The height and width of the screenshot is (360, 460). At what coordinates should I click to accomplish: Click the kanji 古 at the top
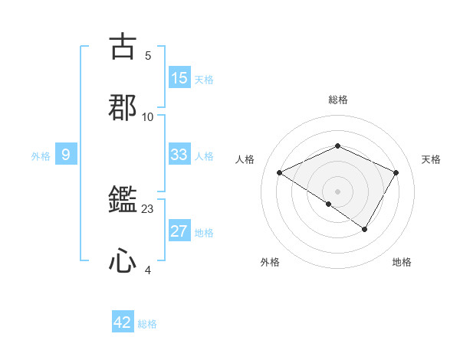pyautogui.click(x=123, y=46)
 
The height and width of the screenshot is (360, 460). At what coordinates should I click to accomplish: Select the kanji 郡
pyautogui.click(x=123, y=107)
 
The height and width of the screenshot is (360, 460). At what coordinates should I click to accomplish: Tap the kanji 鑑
pyautogui.click(x=123, y=201)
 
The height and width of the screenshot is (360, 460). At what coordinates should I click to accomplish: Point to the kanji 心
pyautogui.click(x=123, y=262)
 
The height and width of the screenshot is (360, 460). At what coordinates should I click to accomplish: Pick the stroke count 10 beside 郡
pyautogui.click(x=148, y=117)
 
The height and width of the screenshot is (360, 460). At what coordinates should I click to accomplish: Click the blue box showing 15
pyautogui.click(x=179, y=78)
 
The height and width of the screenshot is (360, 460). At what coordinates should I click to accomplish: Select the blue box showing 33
pyautogui.click(x=179, y=155)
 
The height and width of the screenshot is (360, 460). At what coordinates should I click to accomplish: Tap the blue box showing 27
pyautogui.click(x=179, y=232)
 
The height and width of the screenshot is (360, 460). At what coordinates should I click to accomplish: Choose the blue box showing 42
pyautogui.click(x=123, y=322)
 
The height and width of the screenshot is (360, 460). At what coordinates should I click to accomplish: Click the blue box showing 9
pyautogui.click(x=66, y=155)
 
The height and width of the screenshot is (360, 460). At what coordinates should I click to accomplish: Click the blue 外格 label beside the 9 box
pyautogui.click(x=41, y=156)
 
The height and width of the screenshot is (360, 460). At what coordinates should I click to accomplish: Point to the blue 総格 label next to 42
pyautogui.click(x=147, y=324)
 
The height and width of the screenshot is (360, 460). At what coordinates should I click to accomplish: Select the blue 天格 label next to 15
pyautogui.click(x=204, y=80)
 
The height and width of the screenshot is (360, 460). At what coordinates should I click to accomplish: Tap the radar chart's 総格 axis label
pyautogui.click(x=337, y=100)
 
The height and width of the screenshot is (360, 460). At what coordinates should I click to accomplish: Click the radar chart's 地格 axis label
pyautogui.click(x=402, y=263)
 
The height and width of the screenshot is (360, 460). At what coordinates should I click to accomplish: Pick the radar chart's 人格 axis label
pyautogui.click(x=245, y=159)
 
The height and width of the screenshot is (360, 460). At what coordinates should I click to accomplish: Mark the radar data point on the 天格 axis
pyautogui.click(x=396, y=172)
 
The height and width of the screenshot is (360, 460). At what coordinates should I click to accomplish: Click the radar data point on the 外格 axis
pyautogui.click(x=328, y=204)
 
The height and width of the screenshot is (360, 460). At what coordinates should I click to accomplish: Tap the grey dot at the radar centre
pyautogui.click(x=337, y=191)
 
